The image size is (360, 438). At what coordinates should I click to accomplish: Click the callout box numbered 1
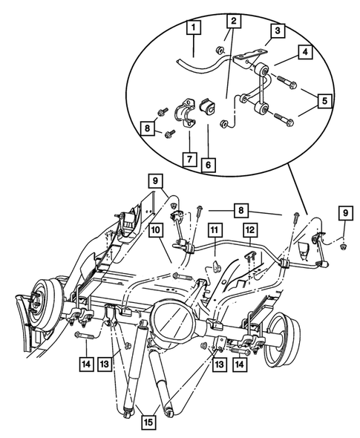pyautogui.click(x=194, y=30)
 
